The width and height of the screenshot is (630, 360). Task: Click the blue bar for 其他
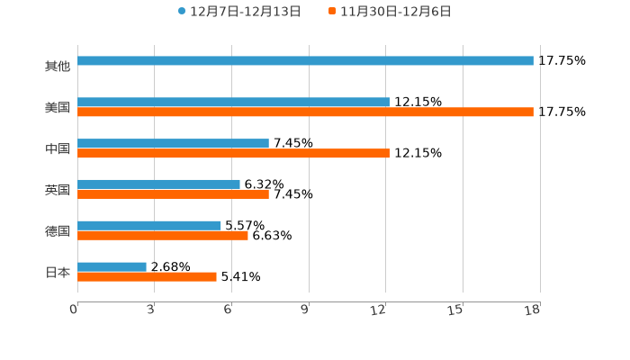click(305, 61)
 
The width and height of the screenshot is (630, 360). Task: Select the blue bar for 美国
click(233, 103)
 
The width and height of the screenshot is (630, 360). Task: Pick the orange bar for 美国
click(305, 112)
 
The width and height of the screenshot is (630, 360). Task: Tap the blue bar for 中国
click(173, 144)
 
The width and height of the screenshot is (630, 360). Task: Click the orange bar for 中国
click(233, 154)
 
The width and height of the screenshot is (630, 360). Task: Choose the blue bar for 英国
click(158, 184)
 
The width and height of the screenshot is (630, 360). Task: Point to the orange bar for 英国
click(173, 194)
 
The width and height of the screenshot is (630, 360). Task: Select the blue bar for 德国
click(149, 226)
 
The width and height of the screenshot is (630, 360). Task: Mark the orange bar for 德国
click(163, 236)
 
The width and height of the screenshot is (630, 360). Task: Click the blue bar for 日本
click(112, 267)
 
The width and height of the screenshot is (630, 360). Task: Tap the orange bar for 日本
click(147, 277)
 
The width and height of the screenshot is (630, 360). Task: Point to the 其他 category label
click(58, 66)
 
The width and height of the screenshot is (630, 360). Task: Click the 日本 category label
click(58, 272)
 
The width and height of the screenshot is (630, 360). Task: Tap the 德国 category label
click(58, 230)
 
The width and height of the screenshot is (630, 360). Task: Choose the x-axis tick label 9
click(305, 310)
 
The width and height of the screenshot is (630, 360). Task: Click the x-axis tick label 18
click(533, 310)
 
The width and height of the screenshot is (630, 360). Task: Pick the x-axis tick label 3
click(151, 310)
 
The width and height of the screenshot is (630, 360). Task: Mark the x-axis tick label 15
click(455, 310)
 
